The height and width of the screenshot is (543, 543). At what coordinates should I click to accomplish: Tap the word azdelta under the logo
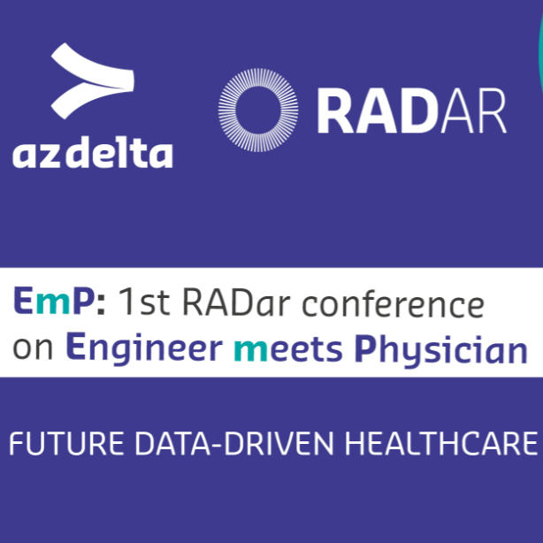click(92, 154)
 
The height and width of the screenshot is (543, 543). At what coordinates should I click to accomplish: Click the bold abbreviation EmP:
click(59, 304)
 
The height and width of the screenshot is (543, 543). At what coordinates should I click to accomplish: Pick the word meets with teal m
click(288, 348)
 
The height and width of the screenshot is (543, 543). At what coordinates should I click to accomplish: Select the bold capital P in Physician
click(363, 348)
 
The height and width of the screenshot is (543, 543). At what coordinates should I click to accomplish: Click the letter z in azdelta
click(47, 156)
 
